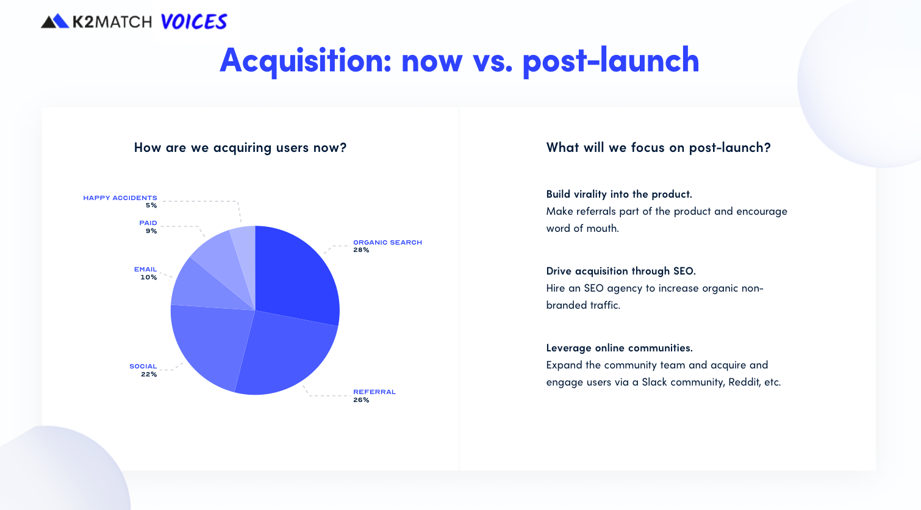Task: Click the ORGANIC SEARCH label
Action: (387, 242)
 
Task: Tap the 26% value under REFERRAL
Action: (361, 400)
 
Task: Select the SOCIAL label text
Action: (143, 366)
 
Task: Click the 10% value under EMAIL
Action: (148, 277)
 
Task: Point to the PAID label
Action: (148, 223)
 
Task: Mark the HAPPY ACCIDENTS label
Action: (120, 198)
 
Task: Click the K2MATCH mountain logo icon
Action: (55, 21)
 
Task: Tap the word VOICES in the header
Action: (194, 22)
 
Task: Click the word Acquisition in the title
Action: (305, 60)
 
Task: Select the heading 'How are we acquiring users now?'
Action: (240, 147)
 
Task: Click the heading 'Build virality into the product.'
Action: (619, 194)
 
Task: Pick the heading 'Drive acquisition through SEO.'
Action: (621, 271)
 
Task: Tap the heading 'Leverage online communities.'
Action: (619, 348)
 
